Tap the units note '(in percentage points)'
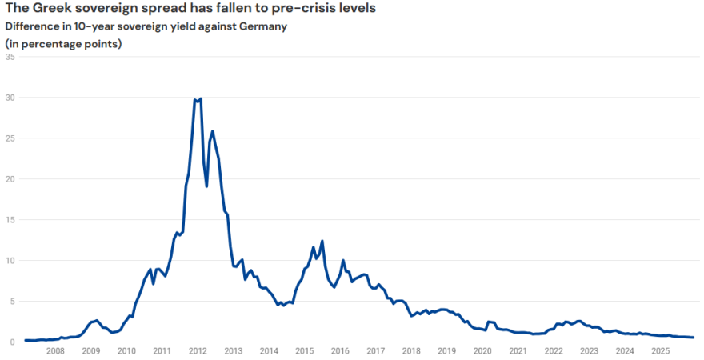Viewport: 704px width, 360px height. pyautogui.click(x=63, y=43)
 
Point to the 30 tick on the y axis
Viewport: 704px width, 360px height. pyautogui.click(x=10, y=98)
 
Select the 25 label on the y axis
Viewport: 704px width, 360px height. pyautogui.click(x=10, y=138)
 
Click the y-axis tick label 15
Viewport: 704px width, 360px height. pyautogui.click(x=10, y=220)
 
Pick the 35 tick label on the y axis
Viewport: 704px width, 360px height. pyautogui.click(x=10, y=57)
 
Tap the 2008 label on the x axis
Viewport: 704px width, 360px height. pyautogui.click(x=55, y=350)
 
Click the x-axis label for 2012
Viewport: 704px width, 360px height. pyautogui.click(x=198, y=350)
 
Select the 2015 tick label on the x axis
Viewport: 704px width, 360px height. pyautogui.click(x=305, y=350)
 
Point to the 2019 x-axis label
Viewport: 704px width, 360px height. pyautogui.click(x=447, y=350)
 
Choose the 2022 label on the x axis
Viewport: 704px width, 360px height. pyautogui.click(x=554, y=350)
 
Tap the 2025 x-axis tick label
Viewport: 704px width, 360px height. pyautogui.click(x=661, y=350)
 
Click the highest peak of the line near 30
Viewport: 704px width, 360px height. pyautogui.click(x=199, y=98)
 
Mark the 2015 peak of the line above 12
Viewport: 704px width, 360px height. pyautogui.click(x=322, y=241)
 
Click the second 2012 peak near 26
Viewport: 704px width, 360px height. pyautogui.click(x=212, y=131)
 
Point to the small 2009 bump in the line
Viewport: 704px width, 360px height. pyautogui.click(x=96, y=320)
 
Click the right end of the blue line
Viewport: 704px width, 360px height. pyautogui.click(x=693, y=338)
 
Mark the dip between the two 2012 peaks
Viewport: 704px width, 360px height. pyautogui.click(x=206, y=186)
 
